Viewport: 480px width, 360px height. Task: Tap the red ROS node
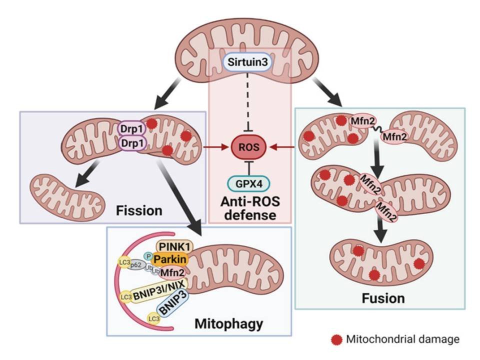248,147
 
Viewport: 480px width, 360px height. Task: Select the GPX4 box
248,184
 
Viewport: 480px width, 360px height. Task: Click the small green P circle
147,255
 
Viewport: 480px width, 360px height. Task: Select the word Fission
139,210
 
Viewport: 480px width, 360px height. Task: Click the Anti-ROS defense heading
248,209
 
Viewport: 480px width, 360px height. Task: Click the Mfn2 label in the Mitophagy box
171,272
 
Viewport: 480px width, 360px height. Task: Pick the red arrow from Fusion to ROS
282,147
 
